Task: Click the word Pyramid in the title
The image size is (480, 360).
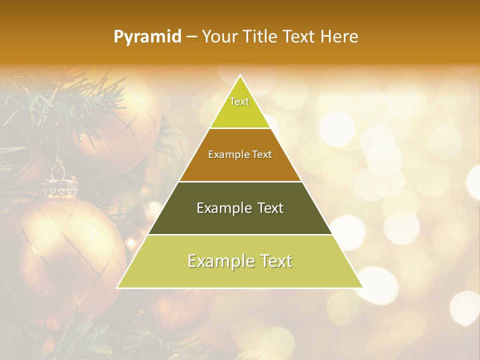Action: (147, 37)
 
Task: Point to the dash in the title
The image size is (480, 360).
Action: (191, 37)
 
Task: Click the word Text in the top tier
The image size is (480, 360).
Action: (239, 101)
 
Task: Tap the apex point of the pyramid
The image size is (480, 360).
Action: (240, 75)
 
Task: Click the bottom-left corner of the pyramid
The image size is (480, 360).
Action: (117, 287)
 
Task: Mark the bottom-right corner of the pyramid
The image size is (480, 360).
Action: (362, 287)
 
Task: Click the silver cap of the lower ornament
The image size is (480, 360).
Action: (59, 186)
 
